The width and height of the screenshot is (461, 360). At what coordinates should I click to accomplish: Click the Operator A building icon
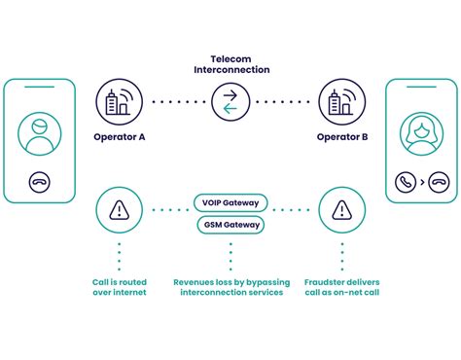click(119, 101)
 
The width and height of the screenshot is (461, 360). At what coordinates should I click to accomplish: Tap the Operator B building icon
click(341, 101)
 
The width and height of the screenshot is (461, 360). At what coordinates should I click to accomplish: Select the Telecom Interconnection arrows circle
click(230, 101)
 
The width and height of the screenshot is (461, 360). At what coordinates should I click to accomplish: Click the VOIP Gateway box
click(230, 203)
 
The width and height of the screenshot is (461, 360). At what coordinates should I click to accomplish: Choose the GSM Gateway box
click(230, 225)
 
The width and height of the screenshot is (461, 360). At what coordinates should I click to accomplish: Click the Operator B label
click(342, 137)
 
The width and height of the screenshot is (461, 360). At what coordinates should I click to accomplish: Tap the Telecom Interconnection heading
click(230, 64)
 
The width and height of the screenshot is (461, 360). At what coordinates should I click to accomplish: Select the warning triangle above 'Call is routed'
click(119, 209)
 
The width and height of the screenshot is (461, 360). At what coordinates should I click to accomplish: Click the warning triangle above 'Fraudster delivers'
click(341, 209)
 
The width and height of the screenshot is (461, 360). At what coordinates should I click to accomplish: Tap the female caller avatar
click(421, 132)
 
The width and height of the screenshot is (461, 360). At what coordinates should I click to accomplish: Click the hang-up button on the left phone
click(40, 182)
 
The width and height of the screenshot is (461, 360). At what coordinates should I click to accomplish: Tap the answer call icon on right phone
click(407, 182)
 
